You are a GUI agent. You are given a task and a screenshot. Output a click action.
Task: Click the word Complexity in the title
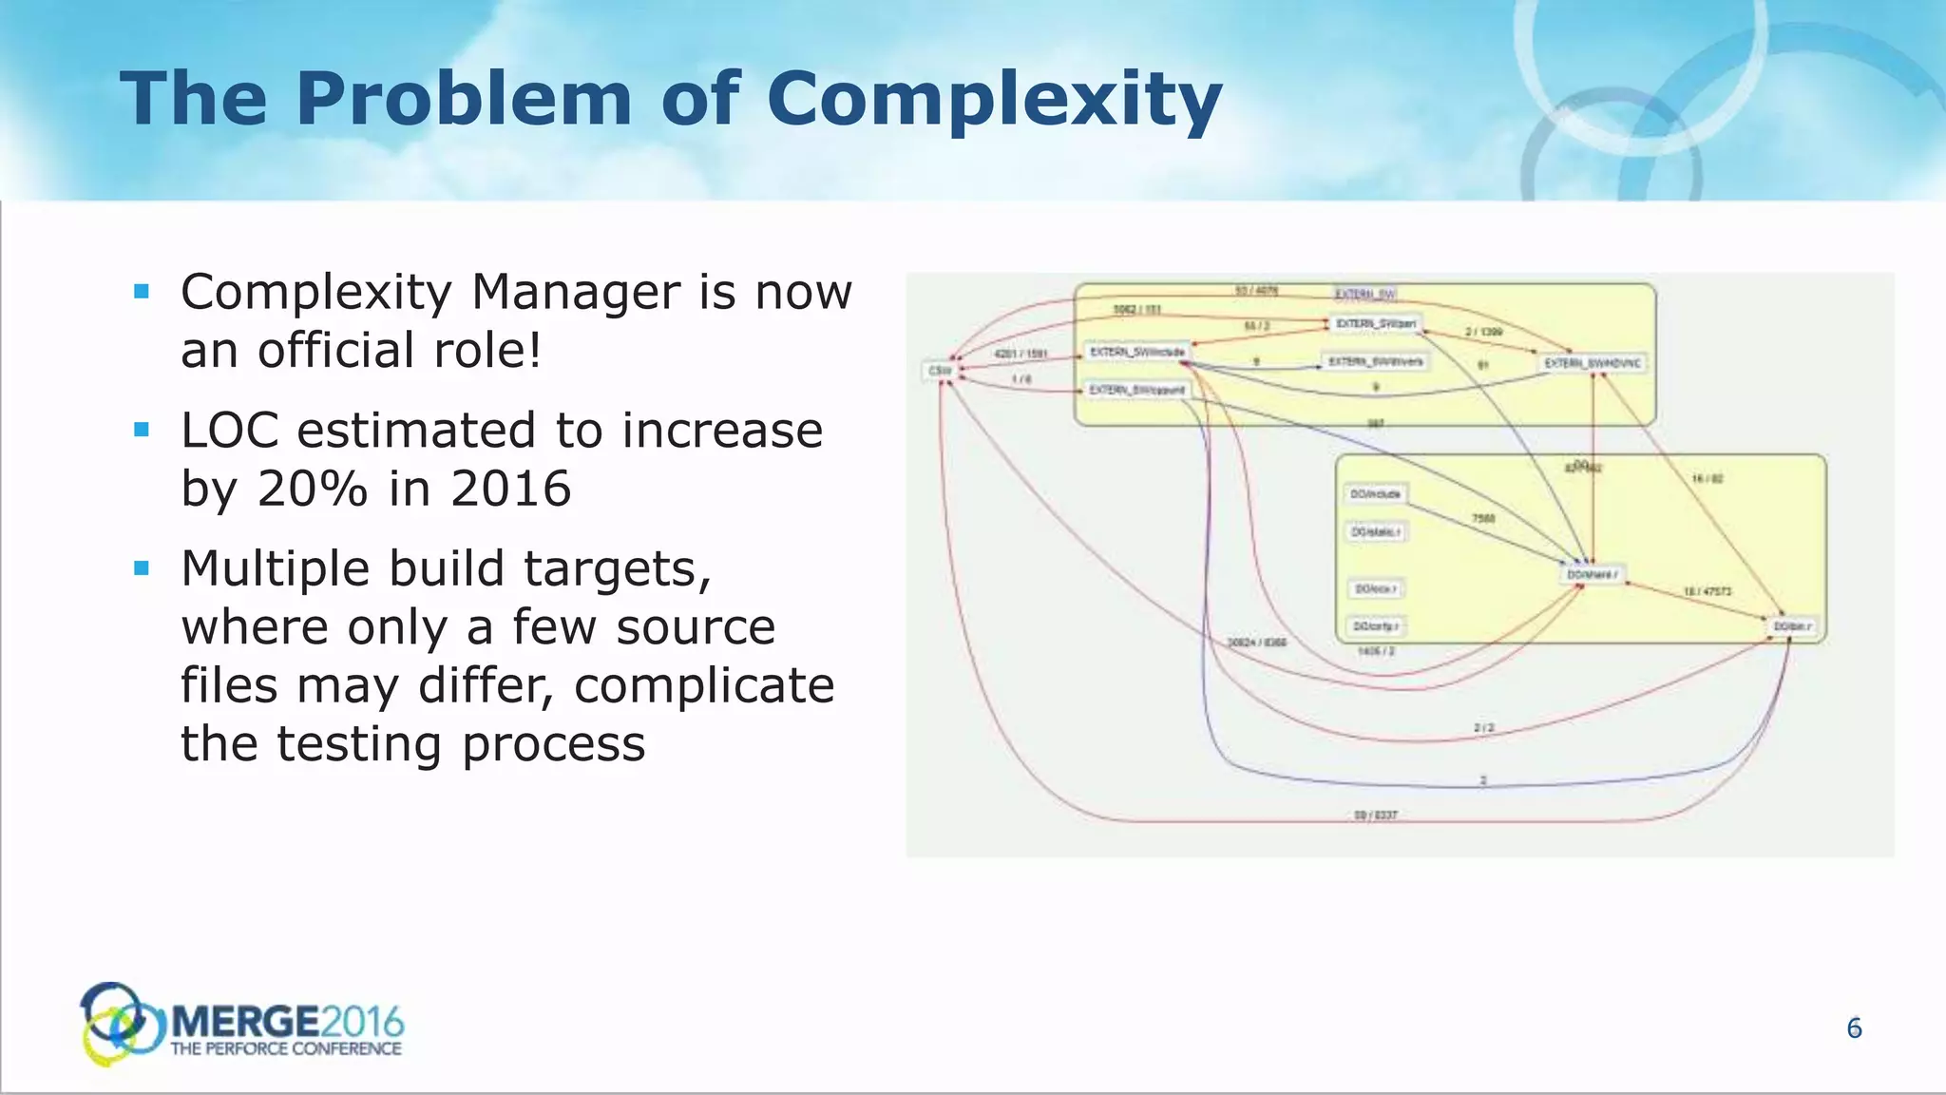click(x=993, y=99)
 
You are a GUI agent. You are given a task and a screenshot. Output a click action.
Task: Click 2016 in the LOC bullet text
click(x=510, y=489)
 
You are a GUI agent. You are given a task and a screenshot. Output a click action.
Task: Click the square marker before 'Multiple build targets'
click(x=143, y=568)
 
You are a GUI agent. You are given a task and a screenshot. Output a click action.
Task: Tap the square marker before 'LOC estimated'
click(x=143, y=431)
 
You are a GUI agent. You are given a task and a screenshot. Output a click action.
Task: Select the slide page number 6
click(x=1853, y=1028)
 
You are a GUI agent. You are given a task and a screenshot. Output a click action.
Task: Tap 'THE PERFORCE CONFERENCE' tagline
click(x=285, y=1049)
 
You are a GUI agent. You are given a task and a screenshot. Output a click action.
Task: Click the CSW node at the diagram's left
click(x=940, y=370)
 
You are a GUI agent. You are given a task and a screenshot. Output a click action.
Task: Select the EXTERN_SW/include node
click(x=1136, y=353)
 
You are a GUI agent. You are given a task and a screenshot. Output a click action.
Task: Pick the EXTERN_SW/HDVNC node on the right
click(x=1592, y=363)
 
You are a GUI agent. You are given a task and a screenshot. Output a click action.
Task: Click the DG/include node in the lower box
click(x=1375, y=494)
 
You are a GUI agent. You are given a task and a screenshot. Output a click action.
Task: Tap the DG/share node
click(x=1592, y=575)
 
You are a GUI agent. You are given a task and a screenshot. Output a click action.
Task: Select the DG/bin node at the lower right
click(x=1792, y=626)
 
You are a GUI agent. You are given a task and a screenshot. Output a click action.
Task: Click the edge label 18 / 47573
click(x=1707, y=592)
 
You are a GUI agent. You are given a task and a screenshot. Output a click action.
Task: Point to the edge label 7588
click(x=1482, y=519)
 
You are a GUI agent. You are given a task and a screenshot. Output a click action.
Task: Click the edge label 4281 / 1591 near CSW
click(x=1020, y=354)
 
